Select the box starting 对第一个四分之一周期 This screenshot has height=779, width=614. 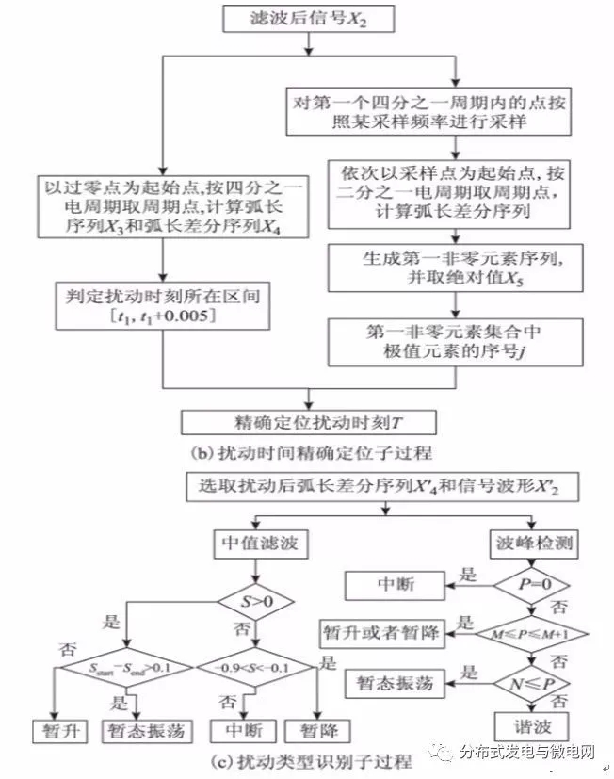456,110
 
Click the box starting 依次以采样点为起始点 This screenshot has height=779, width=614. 456,192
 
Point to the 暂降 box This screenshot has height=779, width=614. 321,731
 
